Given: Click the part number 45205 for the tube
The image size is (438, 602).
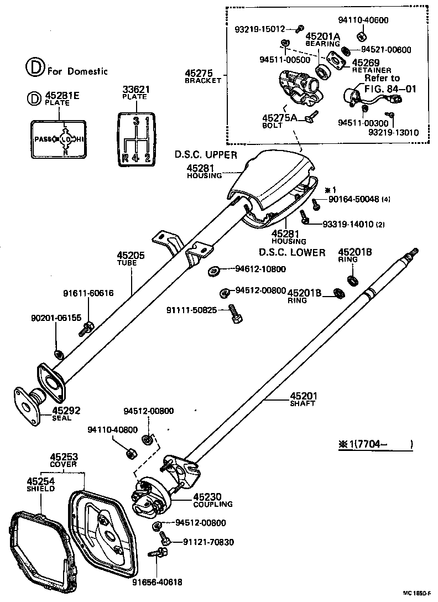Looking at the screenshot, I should [x=130, y=256].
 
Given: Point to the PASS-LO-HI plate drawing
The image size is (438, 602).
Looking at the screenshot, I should [x=58, y=139].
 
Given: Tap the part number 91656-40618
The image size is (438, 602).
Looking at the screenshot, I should [x=157, y=582].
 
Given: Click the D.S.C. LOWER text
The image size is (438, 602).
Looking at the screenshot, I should [x=292, y=252].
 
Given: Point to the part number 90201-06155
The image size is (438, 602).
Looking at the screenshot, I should [x=56, y=318].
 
